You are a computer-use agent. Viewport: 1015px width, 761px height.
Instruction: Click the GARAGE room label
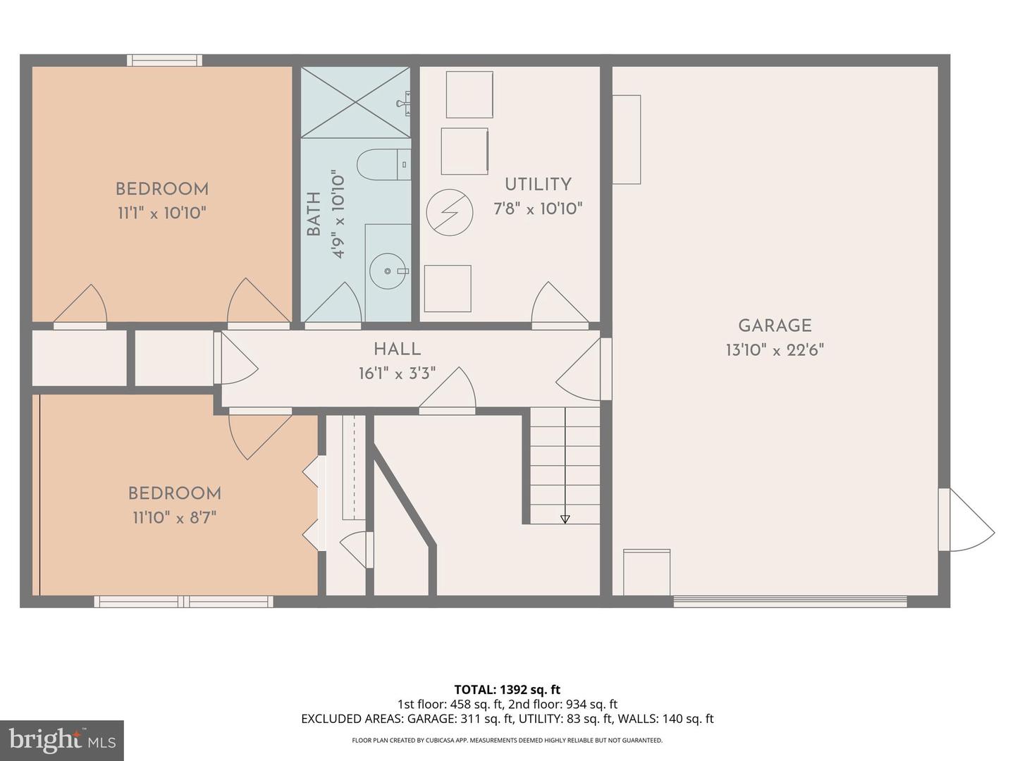point(775,326)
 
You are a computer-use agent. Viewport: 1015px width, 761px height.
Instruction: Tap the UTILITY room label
point(538,185)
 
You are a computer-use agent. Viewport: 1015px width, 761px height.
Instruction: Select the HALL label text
point(397,349)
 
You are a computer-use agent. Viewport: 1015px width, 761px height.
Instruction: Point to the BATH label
point(314,214)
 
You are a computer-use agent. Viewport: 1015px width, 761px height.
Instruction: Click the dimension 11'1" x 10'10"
point(161,213)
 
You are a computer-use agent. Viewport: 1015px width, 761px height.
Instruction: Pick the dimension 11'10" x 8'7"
point(174,517)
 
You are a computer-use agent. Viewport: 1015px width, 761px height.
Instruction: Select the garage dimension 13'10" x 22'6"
point(775,349)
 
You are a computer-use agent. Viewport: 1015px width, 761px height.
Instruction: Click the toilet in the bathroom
point(382,165)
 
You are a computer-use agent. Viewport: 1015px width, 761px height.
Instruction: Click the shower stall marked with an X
point(355,102)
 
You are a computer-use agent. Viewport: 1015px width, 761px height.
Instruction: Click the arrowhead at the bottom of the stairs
point(565,519)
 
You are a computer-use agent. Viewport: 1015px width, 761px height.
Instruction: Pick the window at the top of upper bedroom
point(164,61)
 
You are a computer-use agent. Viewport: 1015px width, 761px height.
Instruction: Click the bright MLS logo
point(62,740)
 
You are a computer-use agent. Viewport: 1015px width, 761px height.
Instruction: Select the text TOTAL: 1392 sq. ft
point(507,689)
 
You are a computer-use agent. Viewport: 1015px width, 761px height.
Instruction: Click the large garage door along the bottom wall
point(789,601)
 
